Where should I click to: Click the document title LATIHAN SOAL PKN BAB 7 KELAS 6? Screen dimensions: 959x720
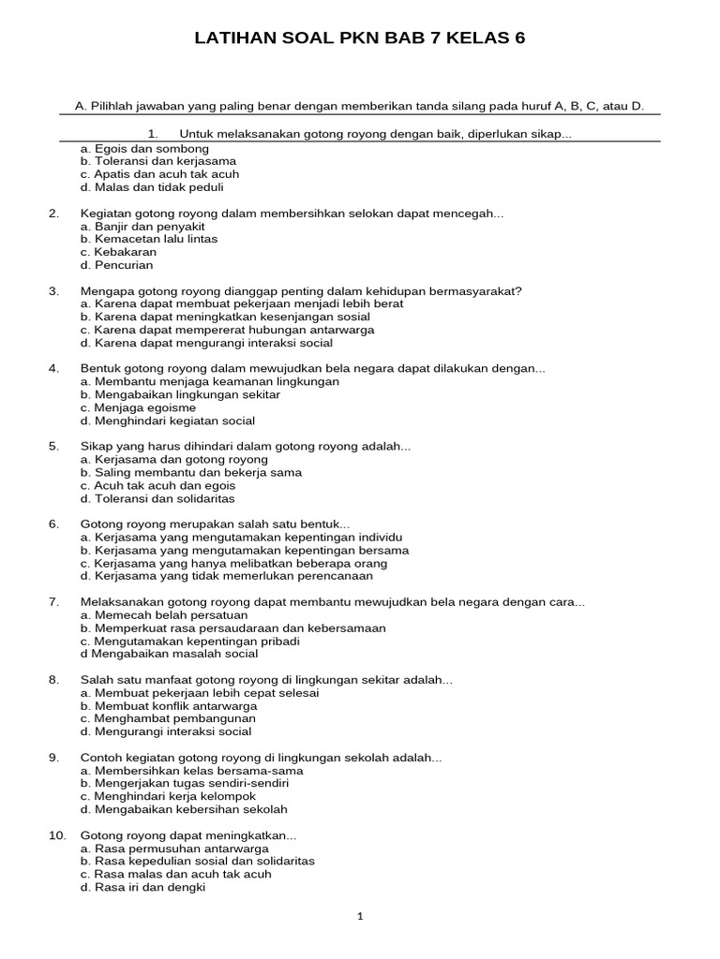[x=360, y=38]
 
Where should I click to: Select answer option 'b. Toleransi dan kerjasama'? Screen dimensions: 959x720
[x=157, y=161]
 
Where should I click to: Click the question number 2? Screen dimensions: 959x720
[x=53, y=214]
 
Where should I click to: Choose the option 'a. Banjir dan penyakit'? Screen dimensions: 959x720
[x=142, y=227]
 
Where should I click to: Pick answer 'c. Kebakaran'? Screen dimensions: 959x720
[x=118, y=252]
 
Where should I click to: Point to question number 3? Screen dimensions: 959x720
[x=53, y=291]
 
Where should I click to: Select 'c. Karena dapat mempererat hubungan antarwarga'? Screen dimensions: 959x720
[x=227, y=330]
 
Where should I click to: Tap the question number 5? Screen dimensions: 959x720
[x=53, y=447]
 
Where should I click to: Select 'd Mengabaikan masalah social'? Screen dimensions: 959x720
[x=169, y=654]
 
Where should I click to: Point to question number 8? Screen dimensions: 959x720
[x=53, y=680]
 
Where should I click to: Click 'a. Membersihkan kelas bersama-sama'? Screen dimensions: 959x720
[x=191, y=771]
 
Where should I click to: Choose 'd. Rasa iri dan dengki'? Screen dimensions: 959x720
[x=142, y=887]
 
